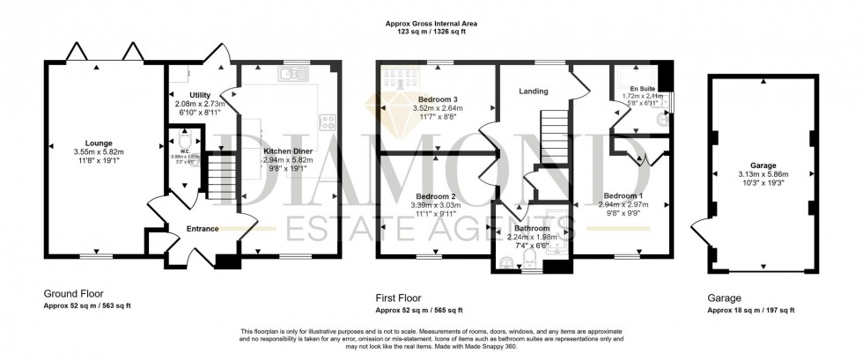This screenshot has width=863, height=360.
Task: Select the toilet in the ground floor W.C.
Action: click(x=185, y=143)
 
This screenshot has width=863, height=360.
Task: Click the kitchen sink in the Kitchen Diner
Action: click(x=290, y=76)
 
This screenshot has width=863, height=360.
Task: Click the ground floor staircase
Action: click(x=220, y=177)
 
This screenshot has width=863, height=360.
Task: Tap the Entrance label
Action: click(x=203, y=229)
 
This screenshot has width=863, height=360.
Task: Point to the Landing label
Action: click(x=534, y=92)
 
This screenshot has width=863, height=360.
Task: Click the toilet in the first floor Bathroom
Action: click(x=509, y=260)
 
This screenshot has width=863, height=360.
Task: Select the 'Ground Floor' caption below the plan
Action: click(x=71, y=295)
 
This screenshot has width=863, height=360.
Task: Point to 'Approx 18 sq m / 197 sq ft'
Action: click(x=750, y=310)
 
